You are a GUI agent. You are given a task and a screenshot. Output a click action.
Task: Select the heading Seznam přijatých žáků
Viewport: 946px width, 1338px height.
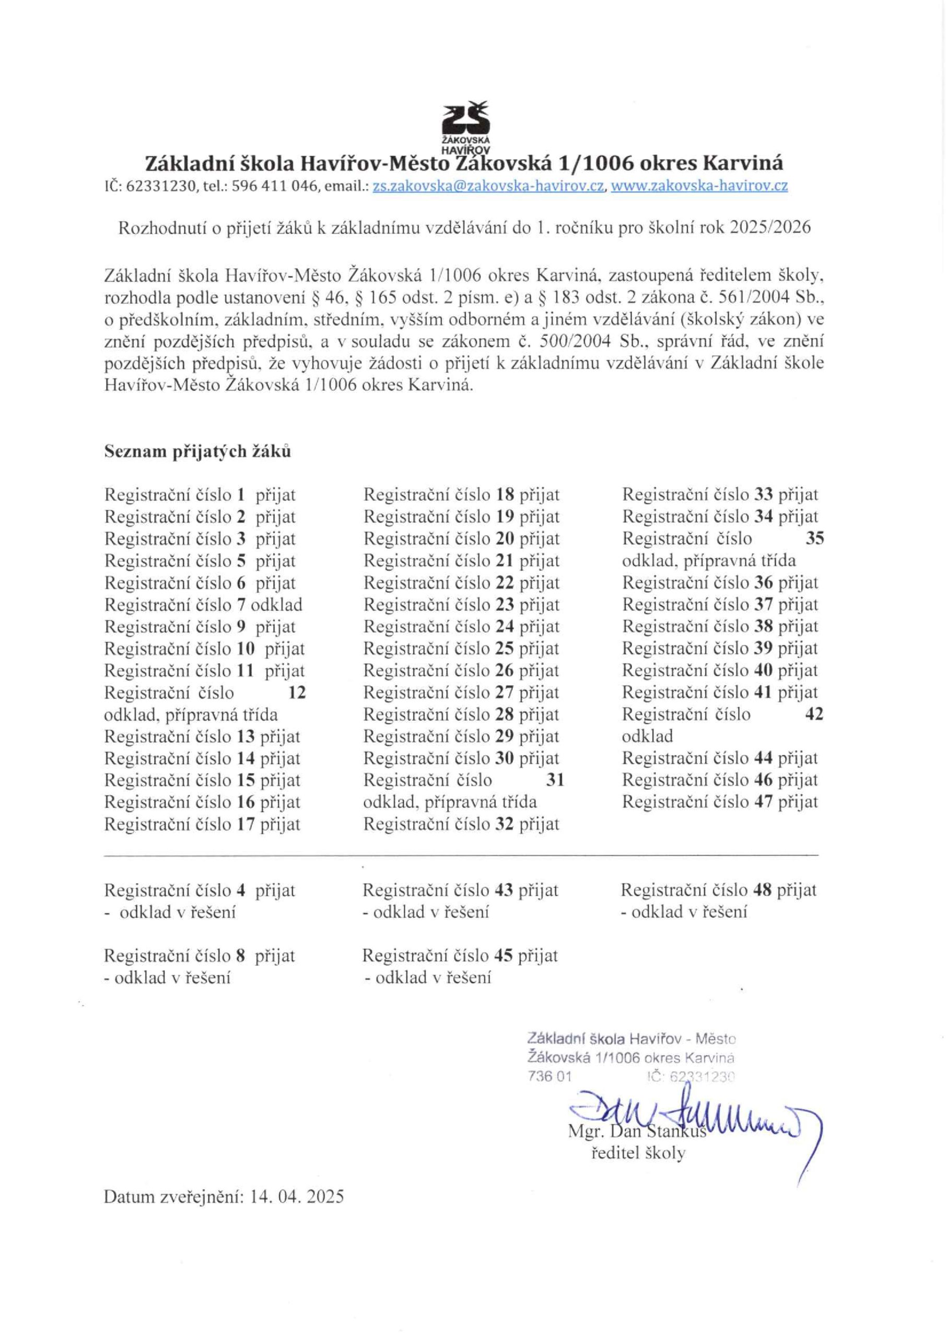(x=197, y=452)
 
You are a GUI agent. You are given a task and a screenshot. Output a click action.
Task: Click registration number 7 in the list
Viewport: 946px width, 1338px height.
(x=241, y=605)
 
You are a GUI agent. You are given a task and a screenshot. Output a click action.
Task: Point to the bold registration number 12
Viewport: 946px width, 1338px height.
(x=297, y=693)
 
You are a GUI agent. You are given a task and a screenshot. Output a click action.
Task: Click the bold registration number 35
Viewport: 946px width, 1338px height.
(x=814, y=539)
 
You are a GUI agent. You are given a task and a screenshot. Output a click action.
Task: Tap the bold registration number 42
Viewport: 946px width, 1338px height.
(x=814, y=714)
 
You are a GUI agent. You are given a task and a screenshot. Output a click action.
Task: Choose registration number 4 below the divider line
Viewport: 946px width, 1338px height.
(x=241, y=891)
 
